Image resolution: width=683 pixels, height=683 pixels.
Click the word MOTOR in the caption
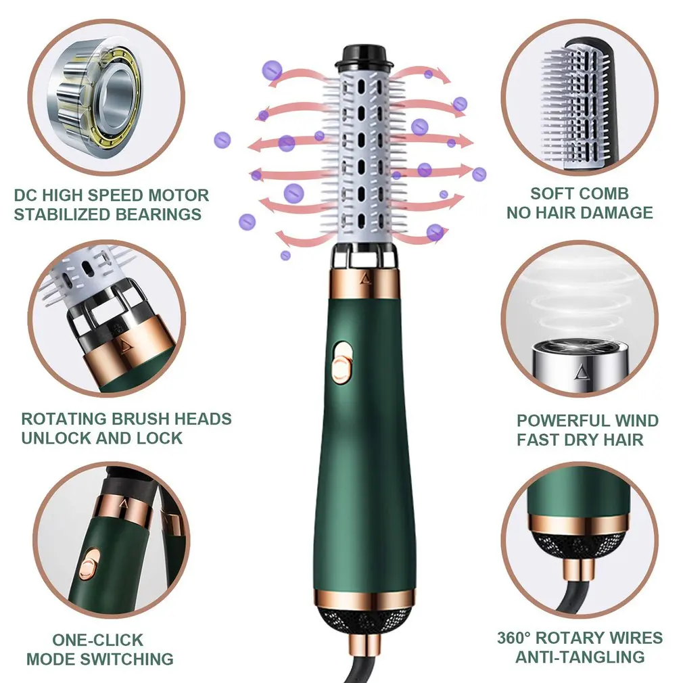coord(178,196)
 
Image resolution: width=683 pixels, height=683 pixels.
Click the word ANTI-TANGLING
coord(580,657)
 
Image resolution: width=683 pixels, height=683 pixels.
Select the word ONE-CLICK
coord(98,640)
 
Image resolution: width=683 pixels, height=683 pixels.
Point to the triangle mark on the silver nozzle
coord(580,372)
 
